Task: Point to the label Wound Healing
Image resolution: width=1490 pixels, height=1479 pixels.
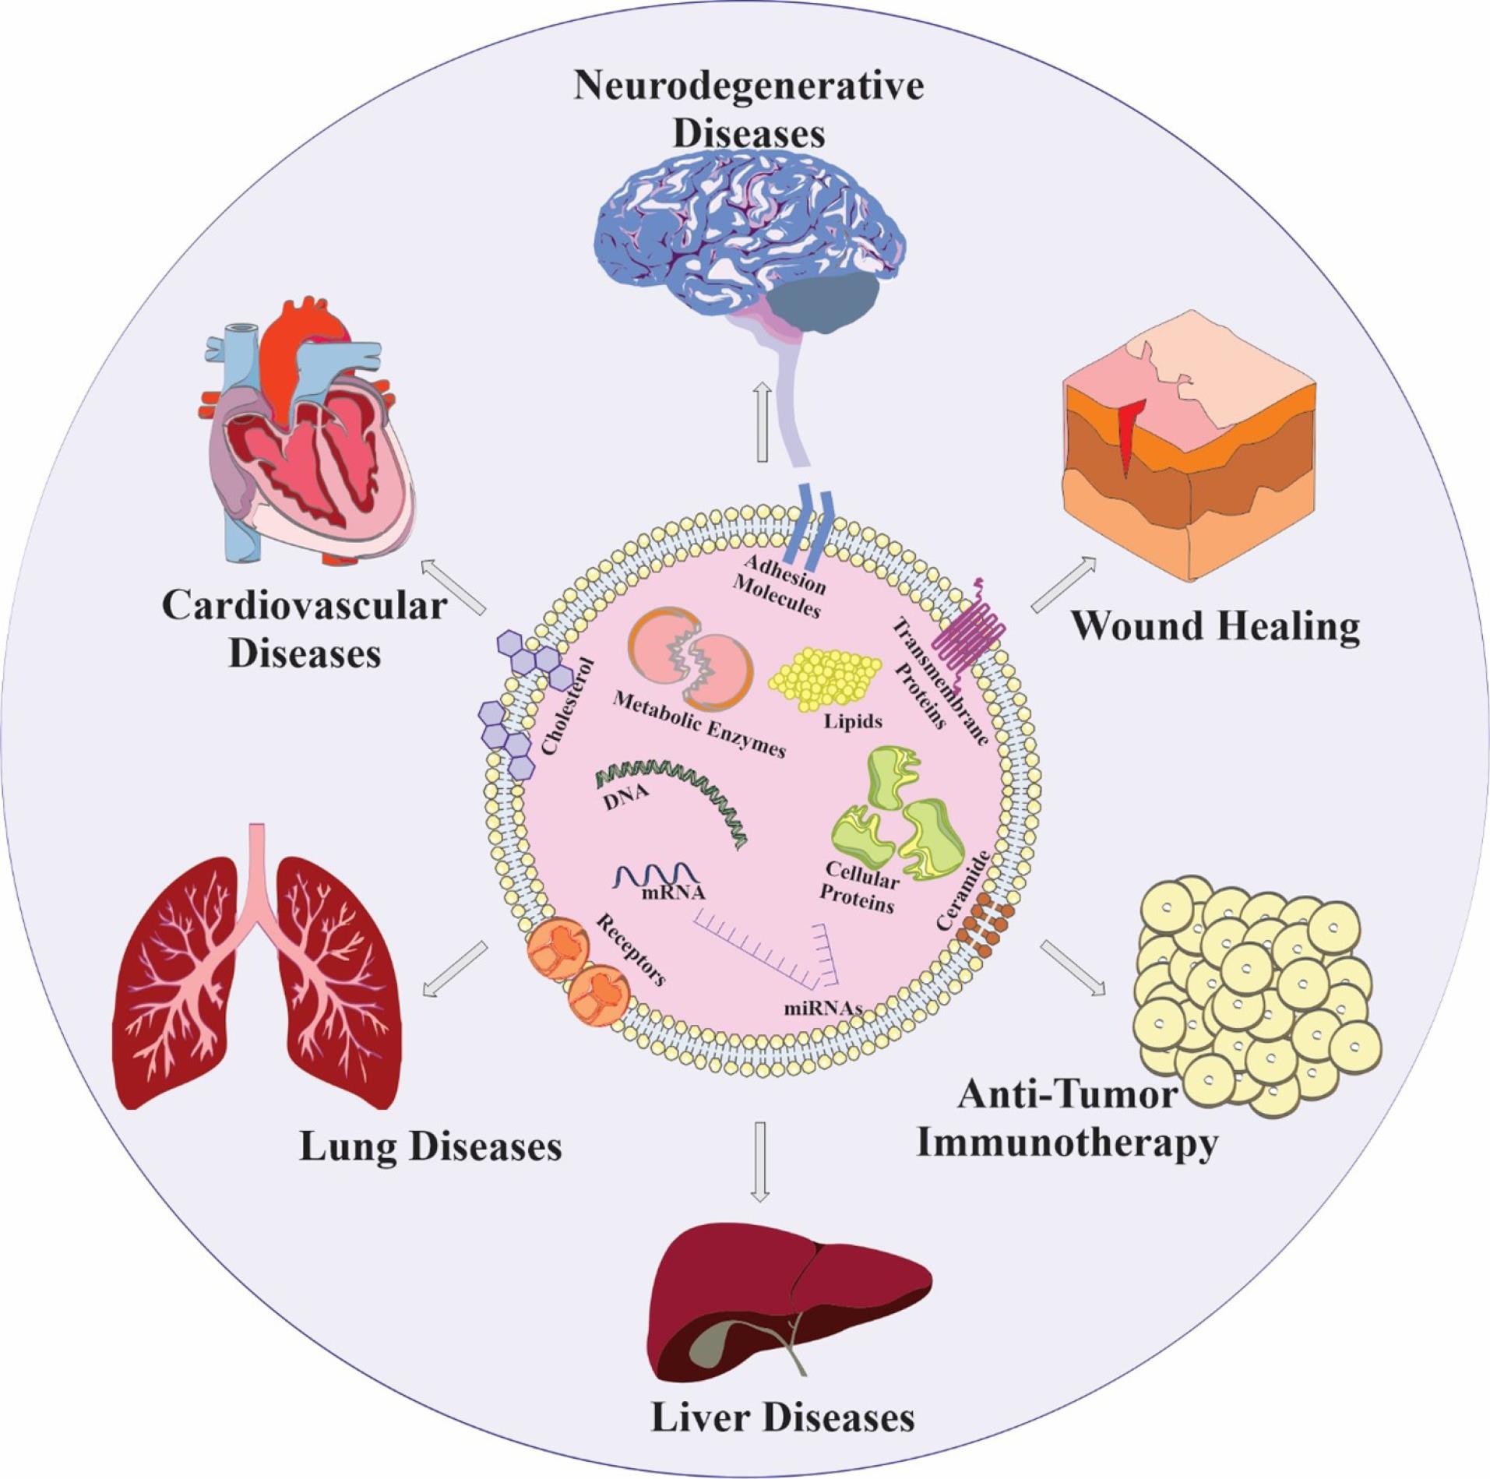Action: click(1215, 628)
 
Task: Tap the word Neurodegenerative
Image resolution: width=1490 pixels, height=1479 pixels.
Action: click(749, 86)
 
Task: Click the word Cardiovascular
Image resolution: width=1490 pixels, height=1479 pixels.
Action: click(305, 606)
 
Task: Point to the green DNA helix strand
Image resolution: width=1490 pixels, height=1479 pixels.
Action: click(671, 802)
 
